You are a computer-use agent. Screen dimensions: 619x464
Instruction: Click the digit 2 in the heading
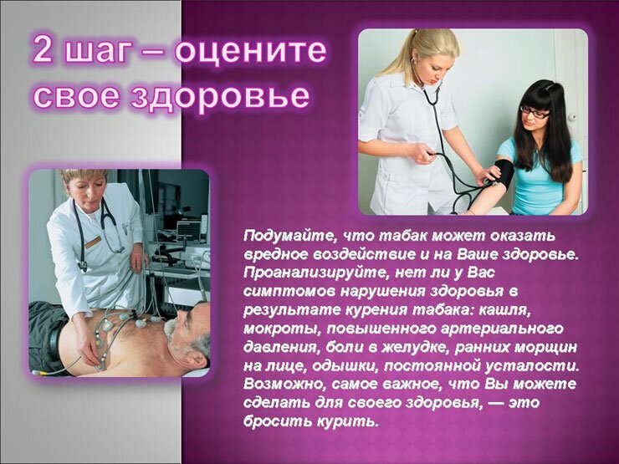pyautogui.click(x=43, y=48)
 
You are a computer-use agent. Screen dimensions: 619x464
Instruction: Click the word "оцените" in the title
pyautogui.click(x=251, y=51)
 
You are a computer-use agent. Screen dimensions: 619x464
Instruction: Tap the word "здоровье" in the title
pyautogui.click(x=220, y=96)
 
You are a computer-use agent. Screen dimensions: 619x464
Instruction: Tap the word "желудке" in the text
pyautogui.click(x=415, y=348)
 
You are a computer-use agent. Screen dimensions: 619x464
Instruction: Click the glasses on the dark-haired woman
pyautogui.click(x=535, y=113)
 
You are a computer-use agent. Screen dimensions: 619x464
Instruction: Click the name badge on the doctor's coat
pyautogui.click(x=93, y=242)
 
